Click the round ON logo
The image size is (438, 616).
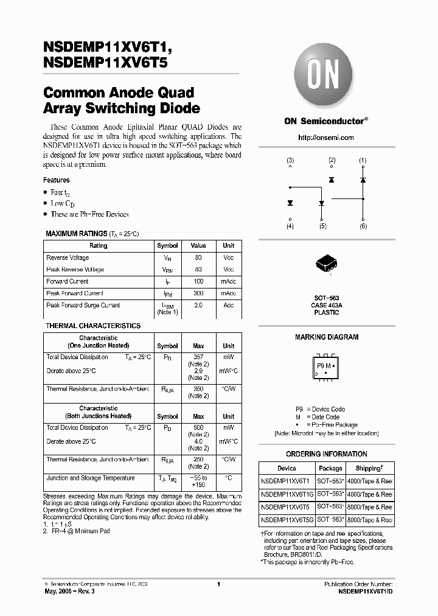(326, 76)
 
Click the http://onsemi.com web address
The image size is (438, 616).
(326, 138)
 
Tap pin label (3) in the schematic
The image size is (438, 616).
(290, 161)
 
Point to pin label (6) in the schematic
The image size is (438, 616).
(363, 226)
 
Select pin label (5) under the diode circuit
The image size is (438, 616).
(322, 226)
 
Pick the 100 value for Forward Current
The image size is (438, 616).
(198, 282)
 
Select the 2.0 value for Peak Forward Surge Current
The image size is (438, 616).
(198, 306)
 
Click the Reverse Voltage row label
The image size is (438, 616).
(68, 258)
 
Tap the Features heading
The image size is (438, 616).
(56, 180)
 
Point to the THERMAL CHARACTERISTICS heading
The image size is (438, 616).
(93, 326)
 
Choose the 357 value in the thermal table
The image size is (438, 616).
(198, 357)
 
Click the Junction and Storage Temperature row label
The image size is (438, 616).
(91, 478)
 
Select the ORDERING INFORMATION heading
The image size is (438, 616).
(326, 454)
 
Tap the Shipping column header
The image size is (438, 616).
(369, 468)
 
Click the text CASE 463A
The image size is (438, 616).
(326, 306)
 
